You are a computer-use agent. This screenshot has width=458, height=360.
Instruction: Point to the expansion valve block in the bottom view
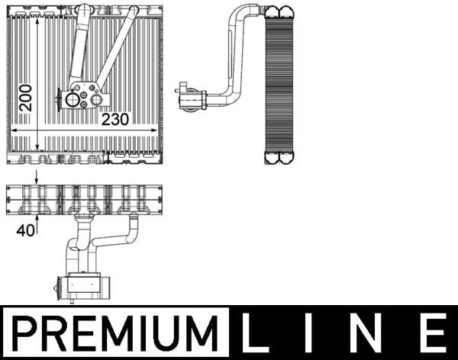pos(85,284)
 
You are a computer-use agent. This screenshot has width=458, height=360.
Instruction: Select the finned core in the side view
pos(278,84)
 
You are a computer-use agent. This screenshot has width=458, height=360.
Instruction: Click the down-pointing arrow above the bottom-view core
pos(36,178)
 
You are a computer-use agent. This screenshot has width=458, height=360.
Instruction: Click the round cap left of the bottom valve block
pos(57,284)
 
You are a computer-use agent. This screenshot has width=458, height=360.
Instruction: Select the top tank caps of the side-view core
pos(277,11)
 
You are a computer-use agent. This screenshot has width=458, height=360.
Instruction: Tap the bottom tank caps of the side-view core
pos(277,158)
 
